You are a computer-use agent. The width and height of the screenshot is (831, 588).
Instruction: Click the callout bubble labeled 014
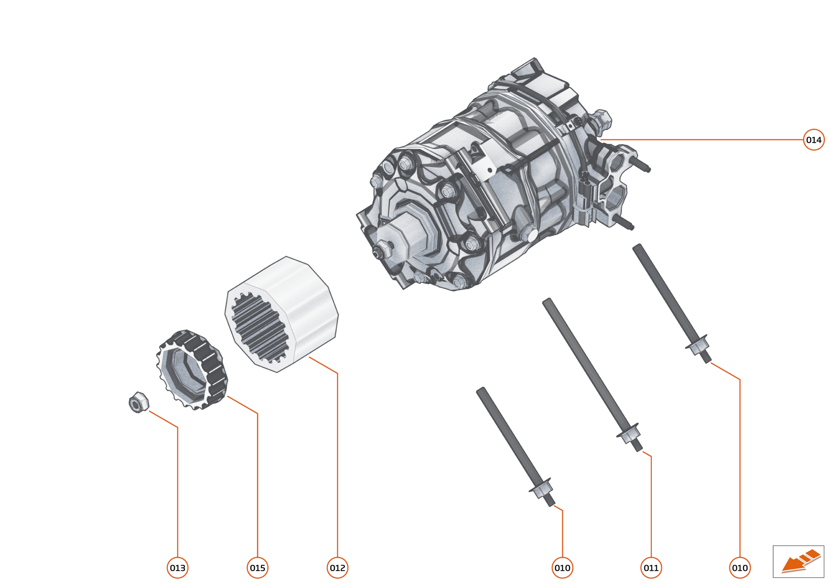pos(813,140)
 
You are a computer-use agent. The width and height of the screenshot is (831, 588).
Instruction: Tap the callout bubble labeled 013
pos(178,568)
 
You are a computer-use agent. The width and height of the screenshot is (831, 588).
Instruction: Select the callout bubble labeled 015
pos(258,568)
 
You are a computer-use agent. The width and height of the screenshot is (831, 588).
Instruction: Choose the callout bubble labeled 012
pos(337,568)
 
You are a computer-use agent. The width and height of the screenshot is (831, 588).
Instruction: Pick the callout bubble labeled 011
pos(651,568)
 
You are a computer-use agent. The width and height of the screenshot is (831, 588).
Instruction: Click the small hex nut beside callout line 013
pos(139,402)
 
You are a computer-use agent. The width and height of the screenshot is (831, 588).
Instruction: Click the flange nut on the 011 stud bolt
pos(628,434)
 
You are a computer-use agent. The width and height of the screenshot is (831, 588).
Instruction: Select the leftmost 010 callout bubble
pos(562,568)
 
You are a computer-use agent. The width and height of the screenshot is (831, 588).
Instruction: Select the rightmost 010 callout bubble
pos(740,568)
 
